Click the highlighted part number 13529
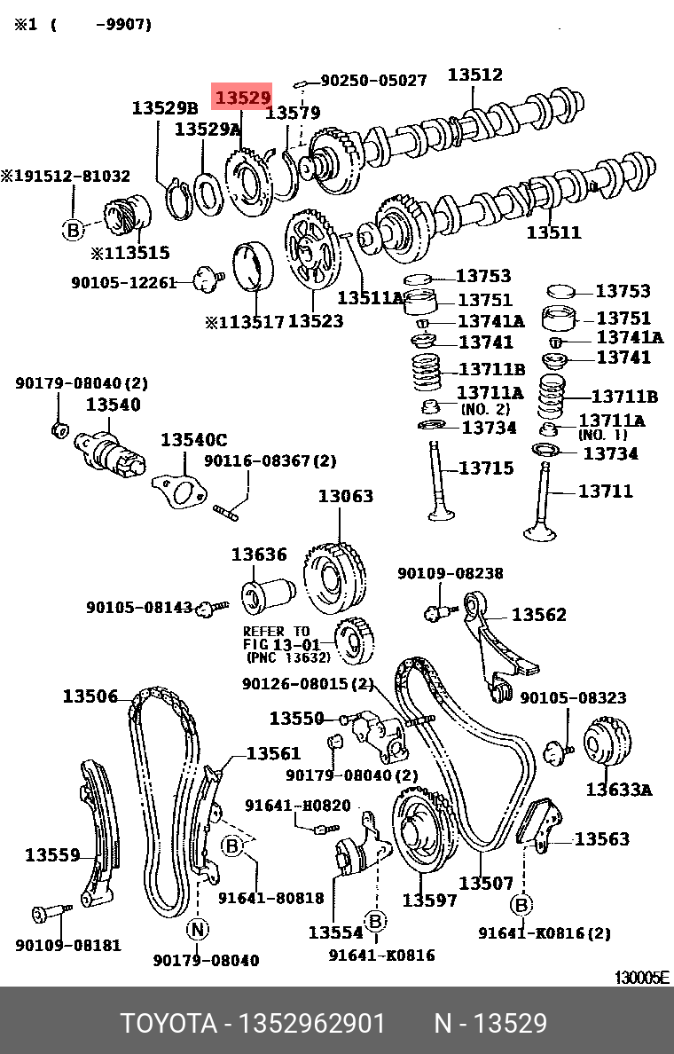tap(242, 96)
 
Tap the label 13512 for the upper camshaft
tap(474, 75)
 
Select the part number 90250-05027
tap(373, 81)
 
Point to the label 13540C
tap(193, 440)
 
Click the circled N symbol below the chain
tap(197, 929)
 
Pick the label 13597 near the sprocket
tap(430, 900)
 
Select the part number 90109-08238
tap(450, 574)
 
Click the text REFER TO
tap(276, 632)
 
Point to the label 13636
tap(259, 555)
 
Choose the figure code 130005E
tap(642, 978)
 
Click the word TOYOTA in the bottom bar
tap(168, 1024)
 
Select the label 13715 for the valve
tap(486, 468)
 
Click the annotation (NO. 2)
tap(485, 409)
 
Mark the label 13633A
tap(618, 789)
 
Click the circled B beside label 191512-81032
tap(73, 230)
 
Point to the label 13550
tap(296, 718)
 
